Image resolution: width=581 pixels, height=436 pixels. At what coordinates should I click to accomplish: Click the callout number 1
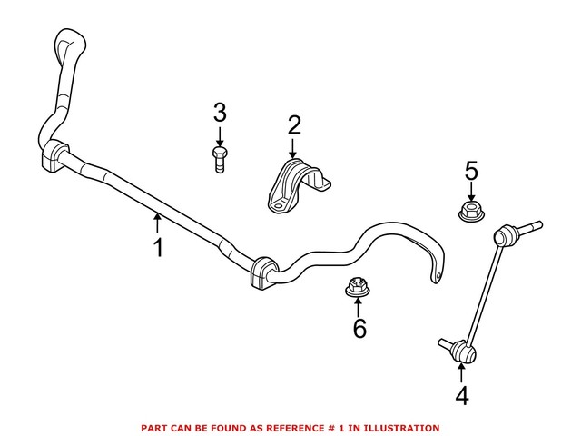[x=158, y=248]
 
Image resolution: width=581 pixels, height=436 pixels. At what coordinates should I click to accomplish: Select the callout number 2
[x=294, y=125]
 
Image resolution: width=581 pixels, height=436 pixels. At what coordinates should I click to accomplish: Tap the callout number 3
[x=220, y=113]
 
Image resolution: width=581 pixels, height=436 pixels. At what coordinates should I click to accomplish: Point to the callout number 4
[x=462, y=396]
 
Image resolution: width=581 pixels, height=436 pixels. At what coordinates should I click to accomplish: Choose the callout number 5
[x=471, y=171]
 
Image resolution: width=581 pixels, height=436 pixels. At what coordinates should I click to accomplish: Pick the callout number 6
[x=359, y=328]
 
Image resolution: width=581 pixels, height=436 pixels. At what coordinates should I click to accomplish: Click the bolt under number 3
[x=220, y=160]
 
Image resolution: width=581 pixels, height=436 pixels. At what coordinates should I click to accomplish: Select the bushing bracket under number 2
[x=299, y=186]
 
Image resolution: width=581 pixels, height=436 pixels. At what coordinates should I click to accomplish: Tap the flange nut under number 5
[x=471, y=211]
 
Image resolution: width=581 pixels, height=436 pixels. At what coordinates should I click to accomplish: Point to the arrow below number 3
[x=220, y=137]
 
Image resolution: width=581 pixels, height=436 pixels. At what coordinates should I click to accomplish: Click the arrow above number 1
[x=157, y=223]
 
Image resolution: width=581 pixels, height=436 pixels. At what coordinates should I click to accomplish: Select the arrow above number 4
[x=461, y=372]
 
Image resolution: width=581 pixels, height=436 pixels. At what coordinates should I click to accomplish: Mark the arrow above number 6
[x=358, y=307]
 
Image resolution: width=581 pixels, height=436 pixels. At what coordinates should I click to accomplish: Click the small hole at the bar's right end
[x=438, y=275]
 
